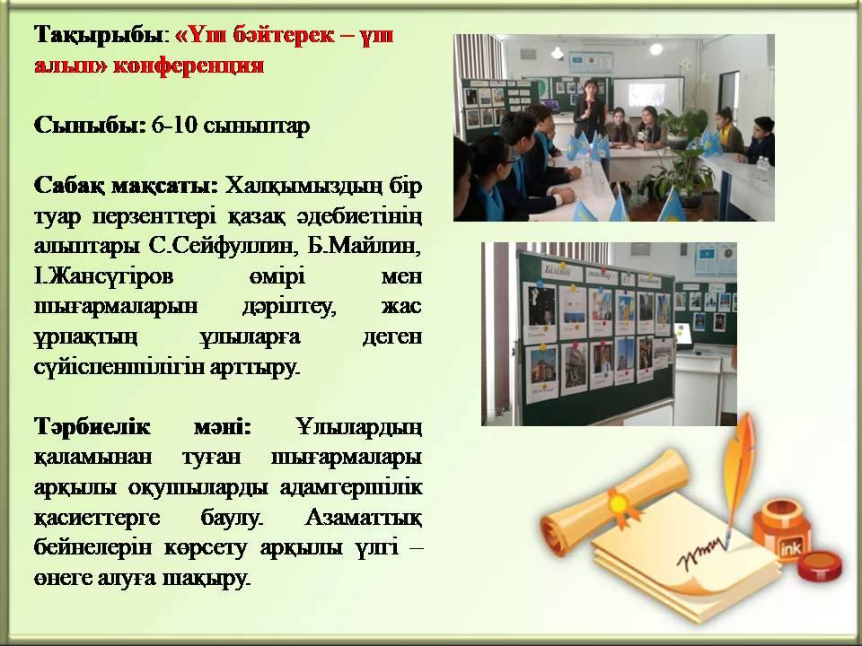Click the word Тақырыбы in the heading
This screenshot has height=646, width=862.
pos(99,36)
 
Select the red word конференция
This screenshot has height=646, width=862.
pos(189,65)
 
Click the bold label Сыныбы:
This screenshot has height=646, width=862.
pos(90,126)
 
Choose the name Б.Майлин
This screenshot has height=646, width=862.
pos(365,246)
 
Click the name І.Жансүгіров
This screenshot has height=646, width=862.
pos(103,276)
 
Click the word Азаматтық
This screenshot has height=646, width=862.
pos(364,518)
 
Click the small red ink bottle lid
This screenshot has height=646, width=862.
pos(820,565)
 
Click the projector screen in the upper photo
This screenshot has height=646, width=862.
pos(648,96)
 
